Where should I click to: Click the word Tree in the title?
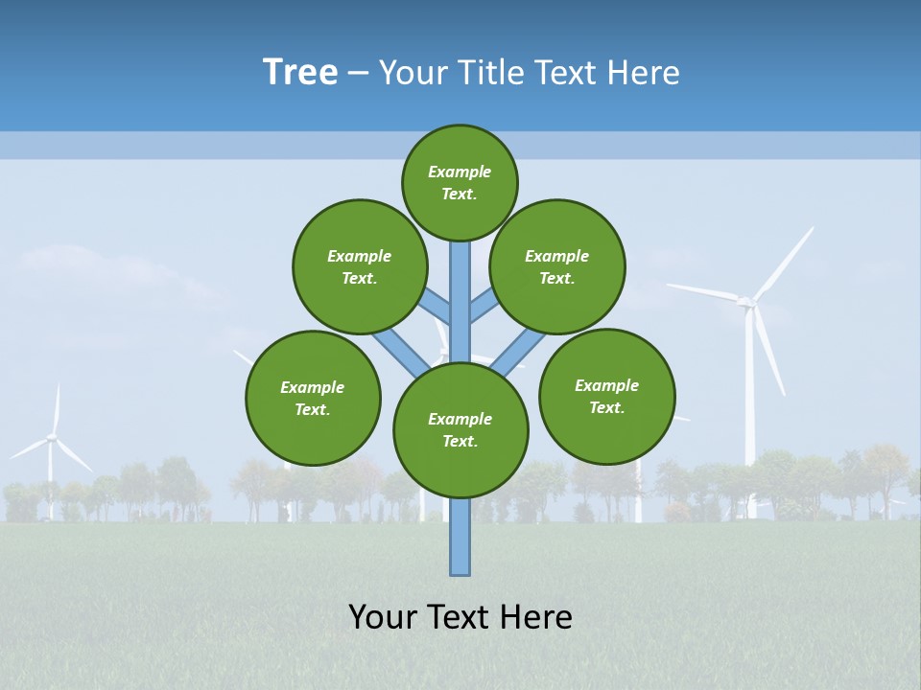click(300, 73)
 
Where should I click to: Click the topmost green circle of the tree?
click(460, 182)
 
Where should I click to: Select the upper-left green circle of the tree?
click(359, 266)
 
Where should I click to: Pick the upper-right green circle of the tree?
click(557, 266)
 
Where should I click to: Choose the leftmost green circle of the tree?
click(313, 398)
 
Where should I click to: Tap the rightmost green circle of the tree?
click(607, 396)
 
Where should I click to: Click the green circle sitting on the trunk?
click(460, 429)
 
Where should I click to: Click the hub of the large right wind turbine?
click(745, 303)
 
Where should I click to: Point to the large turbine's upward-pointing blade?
click(783, 262)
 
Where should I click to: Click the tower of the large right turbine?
click(750, 412)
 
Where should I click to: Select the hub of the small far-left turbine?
click(52, 439)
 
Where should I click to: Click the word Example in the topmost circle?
click(460, 172)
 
